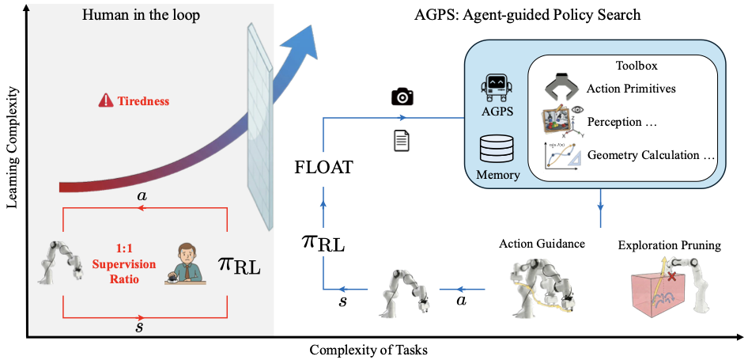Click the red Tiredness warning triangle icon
tap(104, 101)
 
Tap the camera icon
tap(402, 97)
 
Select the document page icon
tap(401, 141)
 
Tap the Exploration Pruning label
tap(671, 245)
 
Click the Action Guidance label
tap(542, 243)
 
